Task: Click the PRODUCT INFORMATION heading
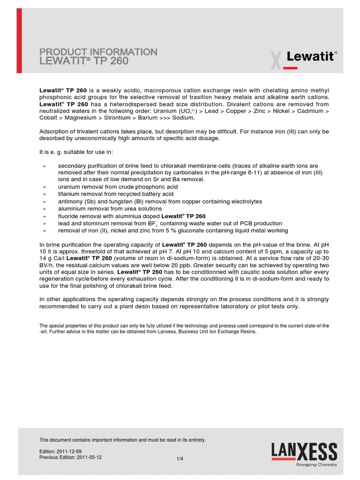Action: (98, 52)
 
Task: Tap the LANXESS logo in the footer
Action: (304, 452)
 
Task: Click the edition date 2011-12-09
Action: (73, 451)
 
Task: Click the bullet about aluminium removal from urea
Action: (110, 209)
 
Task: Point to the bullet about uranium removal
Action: (118, 187)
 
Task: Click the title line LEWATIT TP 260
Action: (84, 61)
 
